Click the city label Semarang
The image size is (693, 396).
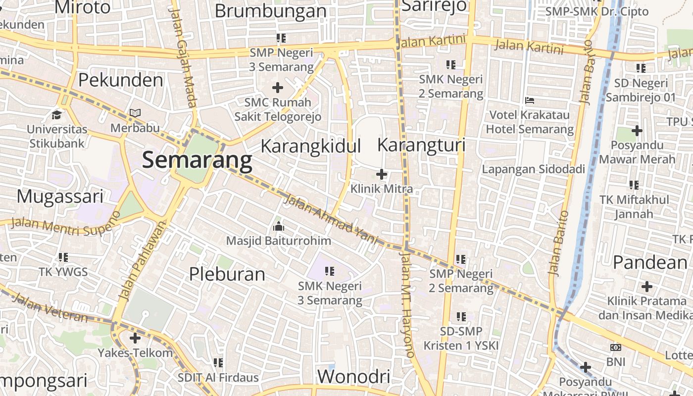tap(197, 160)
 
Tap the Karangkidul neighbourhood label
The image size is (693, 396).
tap(311, 147)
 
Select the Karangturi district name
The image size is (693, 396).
tap(421, 145)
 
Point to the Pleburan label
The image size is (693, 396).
tap(227, 274)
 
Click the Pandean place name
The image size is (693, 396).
tap(650, 262)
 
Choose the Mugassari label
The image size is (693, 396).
tap(60, 197)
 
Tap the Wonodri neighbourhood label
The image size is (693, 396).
tap(353, 377)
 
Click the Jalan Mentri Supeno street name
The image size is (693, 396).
tap(65, 224)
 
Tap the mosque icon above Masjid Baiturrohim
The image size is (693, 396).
tap(279, 227)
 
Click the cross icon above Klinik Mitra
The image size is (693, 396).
tap(382, 174)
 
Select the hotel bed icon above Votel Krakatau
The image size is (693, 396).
tap(530, 100)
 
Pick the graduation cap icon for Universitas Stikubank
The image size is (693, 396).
tap(57, 115)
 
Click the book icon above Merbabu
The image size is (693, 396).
tap(135, 113)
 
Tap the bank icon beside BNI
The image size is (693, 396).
tap(616, 347)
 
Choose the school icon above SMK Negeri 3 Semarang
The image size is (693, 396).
tap(330, 271)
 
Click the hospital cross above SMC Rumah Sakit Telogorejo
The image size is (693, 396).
tap(278, 88)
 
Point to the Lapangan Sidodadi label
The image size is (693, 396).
tap(534, 169)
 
